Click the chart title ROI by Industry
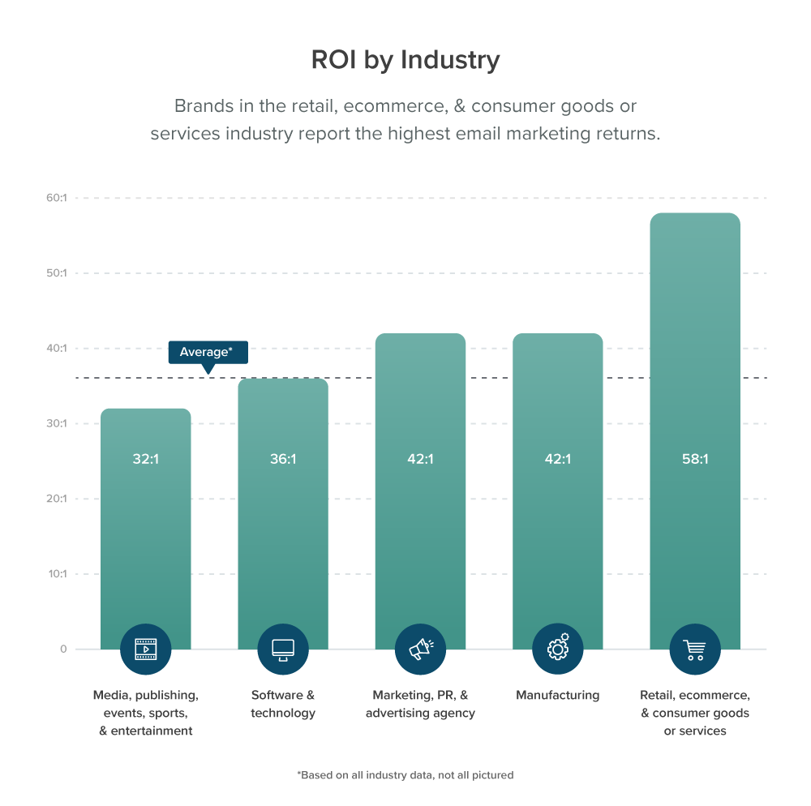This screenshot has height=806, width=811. tap(405, 60)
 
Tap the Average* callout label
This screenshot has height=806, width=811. tap(208, 352)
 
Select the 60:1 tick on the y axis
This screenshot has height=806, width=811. tap(56, 198)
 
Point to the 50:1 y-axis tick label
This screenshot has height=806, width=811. tap(56, 273)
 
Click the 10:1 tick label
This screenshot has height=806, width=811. tap(56, 574)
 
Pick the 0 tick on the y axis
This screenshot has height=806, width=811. tap(62, 650)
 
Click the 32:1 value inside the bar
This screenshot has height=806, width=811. tap(145, 459)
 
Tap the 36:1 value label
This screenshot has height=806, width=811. tap(283, 459)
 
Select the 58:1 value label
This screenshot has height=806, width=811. tap(695, 459)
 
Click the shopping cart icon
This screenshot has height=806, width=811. tap(695, 649)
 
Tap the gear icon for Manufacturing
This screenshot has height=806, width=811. tap(558, 649)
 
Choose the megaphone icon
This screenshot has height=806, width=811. tap(420, 649)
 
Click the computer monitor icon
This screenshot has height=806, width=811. tap(283, 649)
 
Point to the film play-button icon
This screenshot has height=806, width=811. tap(145, 649)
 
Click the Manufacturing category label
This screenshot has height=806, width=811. tap(558, 695)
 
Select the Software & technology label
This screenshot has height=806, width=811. tap(283, 704)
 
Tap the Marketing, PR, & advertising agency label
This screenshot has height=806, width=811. tap(420, 704)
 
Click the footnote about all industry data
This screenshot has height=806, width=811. tap(405, 775)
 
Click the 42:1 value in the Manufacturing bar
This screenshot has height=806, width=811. tap(558, 459)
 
